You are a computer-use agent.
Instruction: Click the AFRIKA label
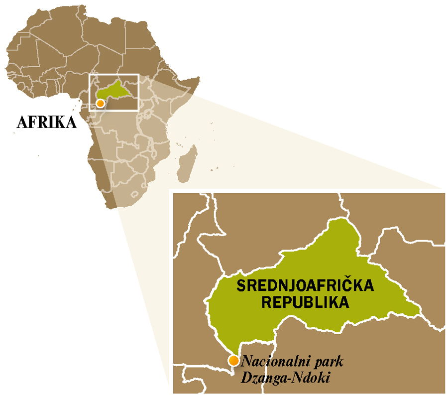click(x=47, y=122)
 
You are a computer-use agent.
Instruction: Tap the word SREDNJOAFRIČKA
click(x=305, y=286)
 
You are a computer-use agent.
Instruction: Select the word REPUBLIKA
click(x=305, y=302)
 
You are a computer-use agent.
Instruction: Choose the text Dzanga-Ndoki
click(x=285, y=378)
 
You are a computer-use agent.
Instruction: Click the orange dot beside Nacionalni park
click(x=232, y=361)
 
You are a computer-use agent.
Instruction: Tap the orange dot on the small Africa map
click(x=100, y=104)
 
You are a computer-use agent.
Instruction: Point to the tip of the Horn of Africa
click(x=199, y=78)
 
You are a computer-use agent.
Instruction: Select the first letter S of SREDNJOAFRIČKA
click(x=240, y=286)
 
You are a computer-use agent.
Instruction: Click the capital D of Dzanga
click(x=246, y=377)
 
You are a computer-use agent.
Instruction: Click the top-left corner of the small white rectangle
click(x=89, y=75)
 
